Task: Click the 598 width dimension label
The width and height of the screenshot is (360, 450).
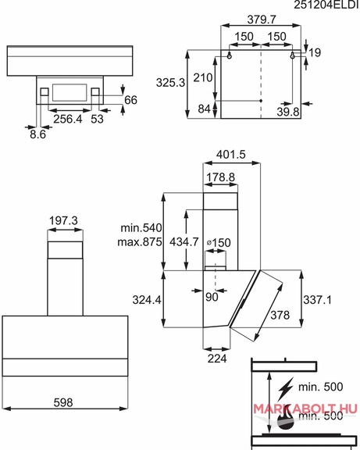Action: click(x=63, y=402)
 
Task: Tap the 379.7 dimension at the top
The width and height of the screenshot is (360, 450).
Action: click(x=262, y=20)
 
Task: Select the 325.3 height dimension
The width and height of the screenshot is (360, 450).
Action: click(x=170, y=83)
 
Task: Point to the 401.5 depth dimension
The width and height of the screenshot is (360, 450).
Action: click(x=230, y=155)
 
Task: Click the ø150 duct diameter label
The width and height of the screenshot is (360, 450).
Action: click(x=219, y=243)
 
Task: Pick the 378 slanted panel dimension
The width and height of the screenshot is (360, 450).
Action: click(x=280, y=315)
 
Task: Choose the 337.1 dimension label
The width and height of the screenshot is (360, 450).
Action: click(x=317, y=300)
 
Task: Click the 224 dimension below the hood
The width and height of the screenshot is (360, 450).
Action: click(x=217, y=359)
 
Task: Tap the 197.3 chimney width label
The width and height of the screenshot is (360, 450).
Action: click(x=63, y=220)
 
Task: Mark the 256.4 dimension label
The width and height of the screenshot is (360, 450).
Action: click(x=68, y=119)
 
